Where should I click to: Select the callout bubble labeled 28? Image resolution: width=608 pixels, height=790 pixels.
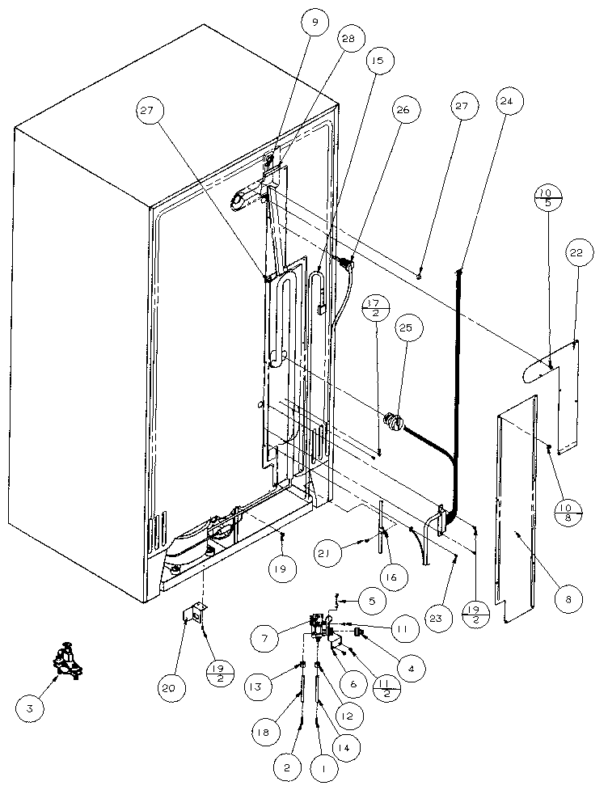351,40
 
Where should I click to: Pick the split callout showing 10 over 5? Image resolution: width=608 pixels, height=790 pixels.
550,198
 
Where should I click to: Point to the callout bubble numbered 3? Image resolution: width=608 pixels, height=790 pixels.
30,708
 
